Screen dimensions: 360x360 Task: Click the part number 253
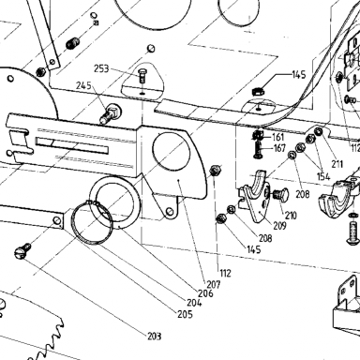[101, 68]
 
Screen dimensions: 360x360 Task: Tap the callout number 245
[84, 85]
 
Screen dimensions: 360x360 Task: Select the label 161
[277, 137]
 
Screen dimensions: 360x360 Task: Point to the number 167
[279, 147]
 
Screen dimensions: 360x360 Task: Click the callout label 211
[337, 164]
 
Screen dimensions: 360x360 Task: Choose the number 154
[323, 176]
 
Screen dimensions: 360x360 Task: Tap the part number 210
[291, 216]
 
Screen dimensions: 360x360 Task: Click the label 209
[279, 226]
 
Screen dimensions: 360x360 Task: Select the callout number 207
[214, 284]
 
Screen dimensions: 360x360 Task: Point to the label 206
[205, 293]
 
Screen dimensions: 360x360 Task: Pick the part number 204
[194, 303]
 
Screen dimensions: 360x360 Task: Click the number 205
[185, 314]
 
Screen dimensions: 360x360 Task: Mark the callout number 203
[155, 337]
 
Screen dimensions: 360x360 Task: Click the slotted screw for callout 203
[22, 250]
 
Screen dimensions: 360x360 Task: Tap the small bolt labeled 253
[142, 75]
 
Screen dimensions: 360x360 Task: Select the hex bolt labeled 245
[111, 113]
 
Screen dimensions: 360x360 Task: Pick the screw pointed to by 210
[280, 195]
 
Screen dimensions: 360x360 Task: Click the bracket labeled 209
[253, 196]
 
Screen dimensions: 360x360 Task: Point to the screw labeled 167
[257, 150]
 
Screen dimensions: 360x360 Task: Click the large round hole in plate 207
[172, 151]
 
